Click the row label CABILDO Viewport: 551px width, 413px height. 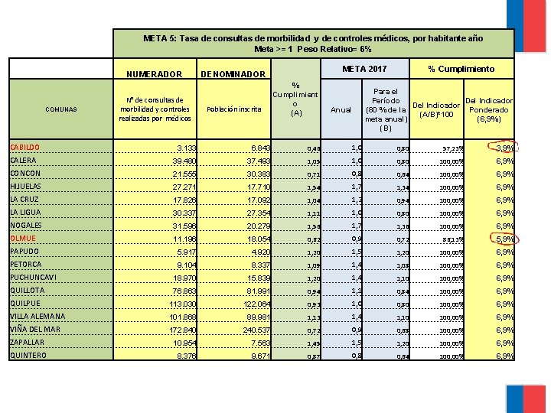25,147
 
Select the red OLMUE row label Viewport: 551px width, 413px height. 23,238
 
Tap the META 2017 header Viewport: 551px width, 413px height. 364,69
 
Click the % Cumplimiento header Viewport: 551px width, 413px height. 461,69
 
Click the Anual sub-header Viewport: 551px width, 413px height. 341,109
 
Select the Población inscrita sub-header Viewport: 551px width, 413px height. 234,109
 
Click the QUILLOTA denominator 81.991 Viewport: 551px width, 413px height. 253,291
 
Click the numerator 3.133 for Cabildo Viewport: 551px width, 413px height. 186,148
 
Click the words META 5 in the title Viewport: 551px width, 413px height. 159,37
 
